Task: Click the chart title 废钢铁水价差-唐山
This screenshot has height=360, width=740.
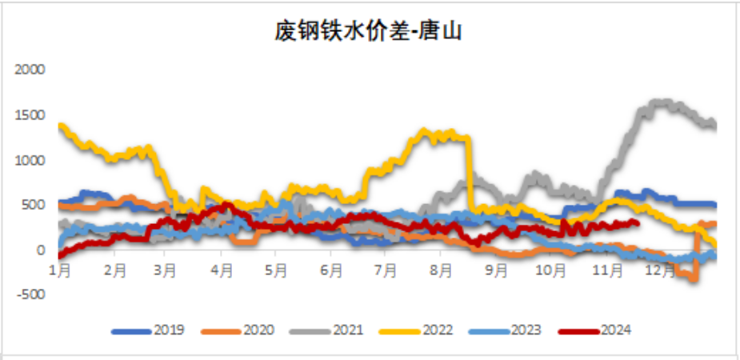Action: point(369,32)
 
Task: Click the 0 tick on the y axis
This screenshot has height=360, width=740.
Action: point(40,250)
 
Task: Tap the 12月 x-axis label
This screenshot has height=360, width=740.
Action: point(659,271)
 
